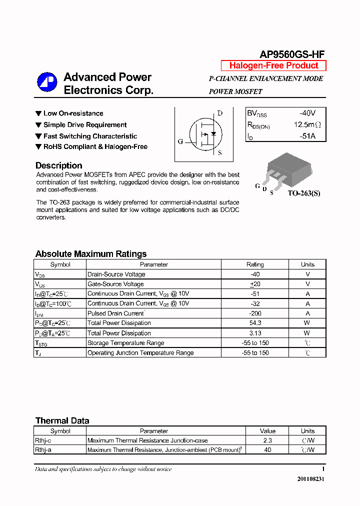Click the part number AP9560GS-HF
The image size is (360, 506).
pyautogui.click(x=292, y=54)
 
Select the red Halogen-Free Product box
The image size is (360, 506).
pyautogui.click(x=273, y=65)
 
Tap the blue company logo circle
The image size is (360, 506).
pyautogui.click(x=47, y=83)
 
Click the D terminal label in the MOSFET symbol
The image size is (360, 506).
pyautogui.click(x=219, y=113)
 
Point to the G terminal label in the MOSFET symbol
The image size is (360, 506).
pyautogui.click(x=180, y=141)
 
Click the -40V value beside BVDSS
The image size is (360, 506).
pyautogui.click(x=307, y=113)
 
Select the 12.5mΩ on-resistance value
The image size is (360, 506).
pyautogui.click(x=307, y=124)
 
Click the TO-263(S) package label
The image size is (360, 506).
pyautogui.click(x=303, y=193)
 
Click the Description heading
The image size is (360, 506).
pyautogui.click(x=58, y=165)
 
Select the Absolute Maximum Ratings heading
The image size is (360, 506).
pyautogui.click(x=91, y=254)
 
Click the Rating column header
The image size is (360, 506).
pyautogui.click(x=255, y=264)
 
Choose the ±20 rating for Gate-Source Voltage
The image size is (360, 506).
pyautogui.click(x=255, y=284)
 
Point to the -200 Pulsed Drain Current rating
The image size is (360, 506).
pyautogui.click(x=255, y=313)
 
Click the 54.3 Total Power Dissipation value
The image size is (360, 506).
pyautogui.click(x=255, y=323)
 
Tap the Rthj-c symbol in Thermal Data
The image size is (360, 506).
pyautogui.click(x=43, y=440)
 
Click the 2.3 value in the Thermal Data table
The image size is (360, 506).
pyautogui.click(x=267, y=440)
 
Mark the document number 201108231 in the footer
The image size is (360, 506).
pyautogui.click(x=311, y=478)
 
